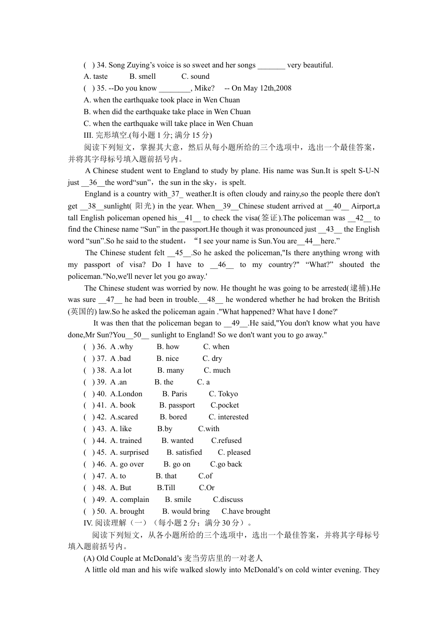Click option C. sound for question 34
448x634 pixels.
(195, 76)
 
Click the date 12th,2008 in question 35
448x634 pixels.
(274, 88)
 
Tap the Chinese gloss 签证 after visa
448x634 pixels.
(269, 218)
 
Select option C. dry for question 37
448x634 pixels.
(212, 359)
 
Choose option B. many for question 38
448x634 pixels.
(170, 370)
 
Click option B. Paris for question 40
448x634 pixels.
(174, 394)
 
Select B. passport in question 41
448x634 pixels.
(177, 405)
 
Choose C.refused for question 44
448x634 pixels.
(226, 441)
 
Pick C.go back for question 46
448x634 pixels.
(226, 464)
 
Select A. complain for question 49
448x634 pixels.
(130, 500)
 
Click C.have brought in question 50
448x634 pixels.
(246, 511)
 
